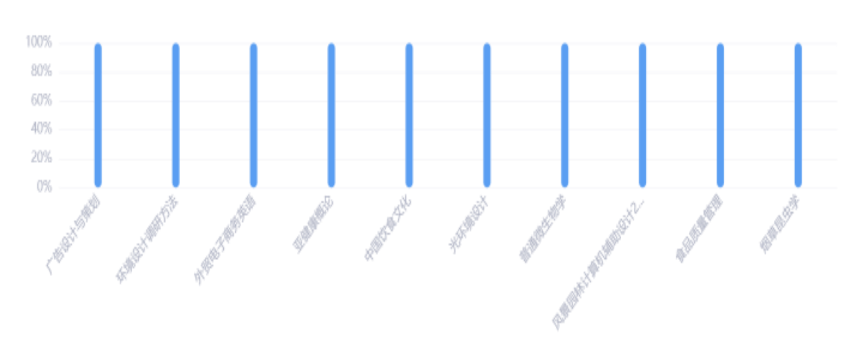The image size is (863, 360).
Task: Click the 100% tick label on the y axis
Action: click(39, 43)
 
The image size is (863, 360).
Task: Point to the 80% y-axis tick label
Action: click(42, 72)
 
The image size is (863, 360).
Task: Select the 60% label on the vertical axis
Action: click(42, 101)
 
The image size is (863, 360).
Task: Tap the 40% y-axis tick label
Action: click(42, 129)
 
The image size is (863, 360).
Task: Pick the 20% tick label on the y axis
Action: click(42, 159)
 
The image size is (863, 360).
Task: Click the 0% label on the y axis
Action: click(44, 187)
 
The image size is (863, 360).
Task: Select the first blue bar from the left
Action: click(98, 116)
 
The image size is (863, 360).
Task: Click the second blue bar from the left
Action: click(175, 116)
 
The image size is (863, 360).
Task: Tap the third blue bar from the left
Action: click(253, 116)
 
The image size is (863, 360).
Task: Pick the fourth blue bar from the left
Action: click(331, 116)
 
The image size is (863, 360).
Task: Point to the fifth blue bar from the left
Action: click(409, 116)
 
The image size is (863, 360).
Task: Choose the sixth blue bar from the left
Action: click(487, 116)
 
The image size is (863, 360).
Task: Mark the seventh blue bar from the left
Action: click(565, 116)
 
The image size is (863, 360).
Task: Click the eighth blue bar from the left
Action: click(643, 116)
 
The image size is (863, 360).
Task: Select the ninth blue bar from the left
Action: click(721, 116)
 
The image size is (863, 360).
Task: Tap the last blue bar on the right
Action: click(798, 116)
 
